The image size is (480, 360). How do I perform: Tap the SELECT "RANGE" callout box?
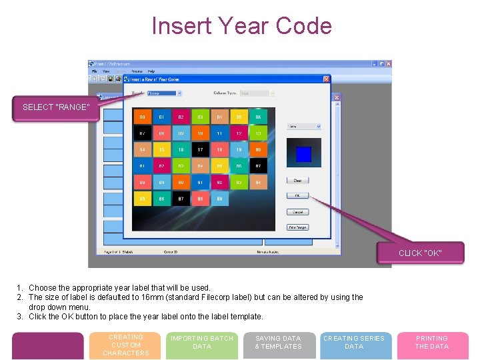(55, 107)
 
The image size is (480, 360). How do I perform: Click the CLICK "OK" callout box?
(420, 253)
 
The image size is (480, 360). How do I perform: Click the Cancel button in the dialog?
(297, 212)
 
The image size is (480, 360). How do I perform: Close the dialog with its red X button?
(327, 79)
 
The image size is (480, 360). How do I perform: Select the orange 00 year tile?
(142, 117)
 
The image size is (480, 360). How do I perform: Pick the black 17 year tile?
(200, 149)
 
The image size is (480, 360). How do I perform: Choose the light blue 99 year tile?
(219, 198)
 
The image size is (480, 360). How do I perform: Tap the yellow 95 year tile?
(142, 198)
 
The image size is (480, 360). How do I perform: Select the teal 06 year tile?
(258, 117)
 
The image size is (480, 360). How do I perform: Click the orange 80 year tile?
(258, 149)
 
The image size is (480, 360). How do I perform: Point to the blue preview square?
(303, 155)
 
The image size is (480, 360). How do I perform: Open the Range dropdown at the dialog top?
(164, 93)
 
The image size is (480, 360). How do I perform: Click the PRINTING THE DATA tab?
(432, 343)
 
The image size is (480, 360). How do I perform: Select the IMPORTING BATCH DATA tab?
(202, 343)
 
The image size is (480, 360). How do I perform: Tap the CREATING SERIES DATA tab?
(354, 343)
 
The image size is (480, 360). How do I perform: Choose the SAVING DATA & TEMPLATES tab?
(278, 343)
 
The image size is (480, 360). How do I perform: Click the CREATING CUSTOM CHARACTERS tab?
(126, 345)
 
